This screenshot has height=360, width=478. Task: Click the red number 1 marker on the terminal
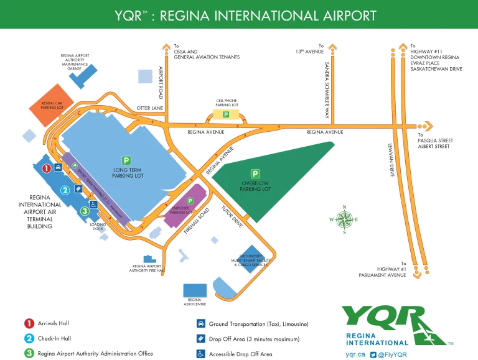(46, 168)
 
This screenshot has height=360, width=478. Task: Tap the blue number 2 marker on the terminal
(64, 190)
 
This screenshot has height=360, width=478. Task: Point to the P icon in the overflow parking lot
(255, 173)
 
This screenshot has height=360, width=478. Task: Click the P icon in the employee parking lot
(190, 201)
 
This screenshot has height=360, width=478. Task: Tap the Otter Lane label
(149, 108)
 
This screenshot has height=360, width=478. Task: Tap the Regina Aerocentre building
(194, 290)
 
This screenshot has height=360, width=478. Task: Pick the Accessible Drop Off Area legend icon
(200, 353)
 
